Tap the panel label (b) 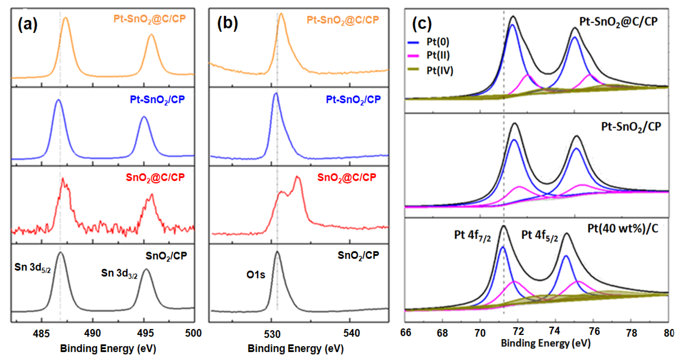point(227,23)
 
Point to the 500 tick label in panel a point(193,333)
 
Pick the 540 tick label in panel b point(351,333)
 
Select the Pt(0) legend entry point(437,42)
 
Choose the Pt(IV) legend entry point(439,70)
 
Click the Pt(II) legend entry point(438,55)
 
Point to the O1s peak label point(255,275)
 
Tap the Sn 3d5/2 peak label point(32,267)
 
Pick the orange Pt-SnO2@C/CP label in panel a point(150,19)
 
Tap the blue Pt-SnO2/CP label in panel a point(157,100)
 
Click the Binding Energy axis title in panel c point(546,343)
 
